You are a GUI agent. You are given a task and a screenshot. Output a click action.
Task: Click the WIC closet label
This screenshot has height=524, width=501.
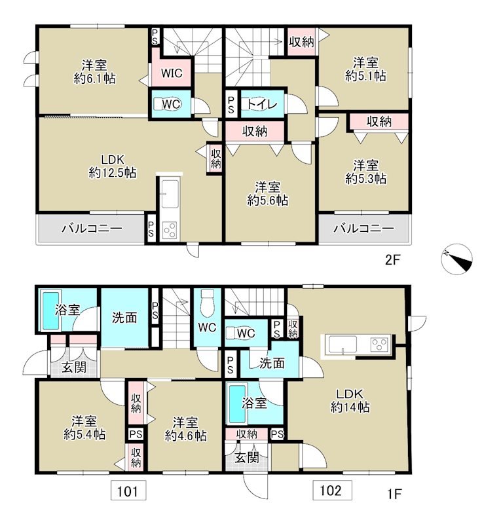point(172,73)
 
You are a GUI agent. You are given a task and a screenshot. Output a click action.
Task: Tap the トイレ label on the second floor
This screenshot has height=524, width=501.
point(263,104)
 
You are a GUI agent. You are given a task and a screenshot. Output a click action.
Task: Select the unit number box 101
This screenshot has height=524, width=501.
point(128,490)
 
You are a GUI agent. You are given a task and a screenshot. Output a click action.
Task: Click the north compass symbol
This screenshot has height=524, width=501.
point(456,259)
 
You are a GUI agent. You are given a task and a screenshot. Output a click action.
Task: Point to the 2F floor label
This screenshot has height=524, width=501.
point(393,259)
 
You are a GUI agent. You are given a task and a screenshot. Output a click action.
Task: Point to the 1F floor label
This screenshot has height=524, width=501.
point(394,493)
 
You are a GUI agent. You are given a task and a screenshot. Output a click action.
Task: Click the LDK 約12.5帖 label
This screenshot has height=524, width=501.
point(112,166)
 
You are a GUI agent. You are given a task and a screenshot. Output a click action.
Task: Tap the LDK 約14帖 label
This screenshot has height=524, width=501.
point(350,400)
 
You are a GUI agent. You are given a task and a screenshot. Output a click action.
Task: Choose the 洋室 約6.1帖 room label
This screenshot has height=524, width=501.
point(95,71)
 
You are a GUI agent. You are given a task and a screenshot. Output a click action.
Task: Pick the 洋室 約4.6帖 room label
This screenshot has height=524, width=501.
point(185,429)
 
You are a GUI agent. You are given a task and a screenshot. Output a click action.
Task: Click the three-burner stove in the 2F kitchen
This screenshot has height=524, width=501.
point(170,230)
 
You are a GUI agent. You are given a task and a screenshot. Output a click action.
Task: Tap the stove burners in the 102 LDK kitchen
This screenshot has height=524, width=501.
point(380,344)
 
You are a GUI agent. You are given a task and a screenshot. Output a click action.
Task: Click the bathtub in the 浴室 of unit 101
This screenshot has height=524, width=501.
point(50,310)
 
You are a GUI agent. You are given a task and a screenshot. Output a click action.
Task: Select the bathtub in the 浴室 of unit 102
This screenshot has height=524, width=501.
point(236,403)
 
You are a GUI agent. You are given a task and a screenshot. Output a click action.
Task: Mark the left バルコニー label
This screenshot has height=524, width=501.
point(91,229)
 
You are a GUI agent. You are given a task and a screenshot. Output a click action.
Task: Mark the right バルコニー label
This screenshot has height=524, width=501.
point(364,229)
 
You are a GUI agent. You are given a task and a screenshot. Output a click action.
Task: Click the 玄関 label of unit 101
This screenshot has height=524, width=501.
point(74,367)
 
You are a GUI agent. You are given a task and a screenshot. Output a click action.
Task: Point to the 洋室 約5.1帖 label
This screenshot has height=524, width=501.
point(365,69)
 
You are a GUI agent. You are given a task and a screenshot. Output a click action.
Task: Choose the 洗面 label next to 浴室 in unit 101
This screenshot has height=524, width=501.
point(124,318)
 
